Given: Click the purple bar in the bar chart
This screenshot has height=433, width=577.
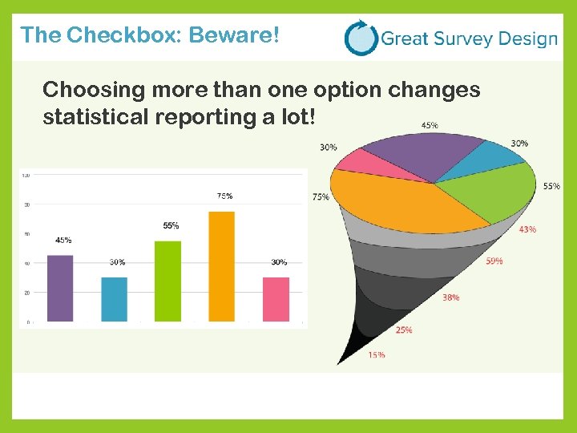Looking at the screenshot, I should pos(60,289).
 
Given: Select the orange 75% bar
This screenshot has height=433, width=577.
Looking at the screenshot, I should pos(221,266).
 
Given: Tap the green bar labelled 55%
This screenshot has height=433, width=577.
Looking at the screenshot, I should pos(168,281).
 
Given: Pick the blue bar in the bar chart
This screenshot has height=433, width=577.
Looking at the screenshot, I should pos(114,299).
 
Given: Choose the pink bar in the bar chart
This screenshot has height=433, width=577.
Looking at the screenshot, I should pos(276,299).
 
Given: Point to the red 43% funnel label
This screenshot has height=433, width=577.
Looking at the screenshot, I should pos(527,229).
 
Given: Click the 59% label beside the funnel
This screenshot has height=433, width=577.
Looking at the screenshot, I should pos(494,261).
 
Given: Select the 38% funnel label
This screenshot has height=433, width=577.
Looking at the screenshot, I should pos(450,297).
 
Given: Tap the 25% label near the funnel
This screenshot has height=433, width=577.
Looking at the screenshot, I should pos(404,330).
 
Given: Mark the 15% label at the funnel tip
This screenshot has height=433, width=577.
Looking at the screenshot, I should pos(377,354).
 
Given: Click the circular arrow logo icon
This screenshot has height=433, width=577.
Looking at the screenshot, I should pos(360,38).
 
